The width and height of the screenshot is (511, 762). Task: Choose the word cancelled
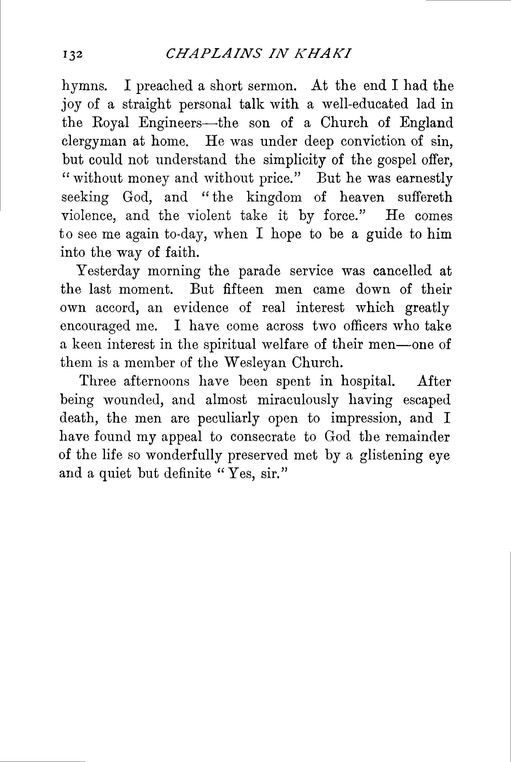click(x=402, y=271)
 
